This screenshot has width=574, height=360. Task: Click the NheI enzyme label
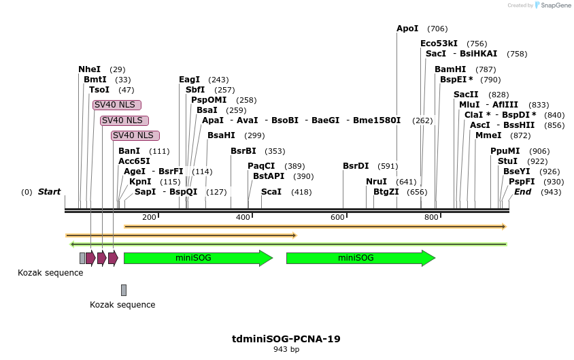click(x=89, y=69)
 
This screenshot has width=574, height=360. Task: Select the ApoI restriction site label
click(x=407, y=29)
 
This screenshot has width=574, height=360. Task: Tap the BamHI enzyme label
click(x=450, y=69)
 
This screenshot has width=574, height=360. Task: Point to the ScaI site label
click(x=271, y=192)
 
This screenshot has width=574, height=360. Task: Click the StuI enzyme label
click(x=507, y=161)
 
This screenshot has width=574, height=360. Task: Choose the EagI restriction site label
click(x=189, y=80)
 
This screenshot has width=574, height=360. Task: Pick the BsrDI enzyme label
click(x=356, y=166)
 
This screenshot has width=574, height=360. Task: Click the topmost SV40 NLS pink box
click(x=117, y=105)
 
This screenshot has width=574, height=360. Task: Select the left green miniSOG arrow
click(x=197, y=258)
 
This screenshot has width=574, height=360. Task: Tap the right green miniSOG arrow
click(x=360, y=258)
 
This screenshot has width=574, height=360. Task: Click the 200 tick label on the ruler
click(x=149, y=217)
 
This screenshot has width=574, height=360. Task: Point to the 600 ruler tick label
click(x=337, y=217)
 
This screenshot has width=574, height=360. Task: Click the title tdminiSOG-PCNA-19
click(x=286, y=338)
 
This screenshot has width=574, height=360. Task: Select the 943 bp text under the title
click(x=286, y=349)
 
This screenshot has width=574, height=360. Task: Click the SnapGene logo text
click(x=555, y=5)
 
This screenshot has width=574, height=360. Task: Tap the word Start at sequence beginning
click(x=49, y=192)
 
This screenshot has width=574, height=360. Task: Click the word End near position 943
click(x=522, y=192)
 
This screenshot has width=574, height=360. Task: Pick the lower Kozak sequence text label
click(x=122, y=305)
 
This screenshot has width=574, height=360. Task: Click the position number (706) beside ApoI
click(x=437, y=29)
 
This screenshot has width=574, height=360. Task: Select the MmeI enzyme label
click(x=488, y=135)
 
